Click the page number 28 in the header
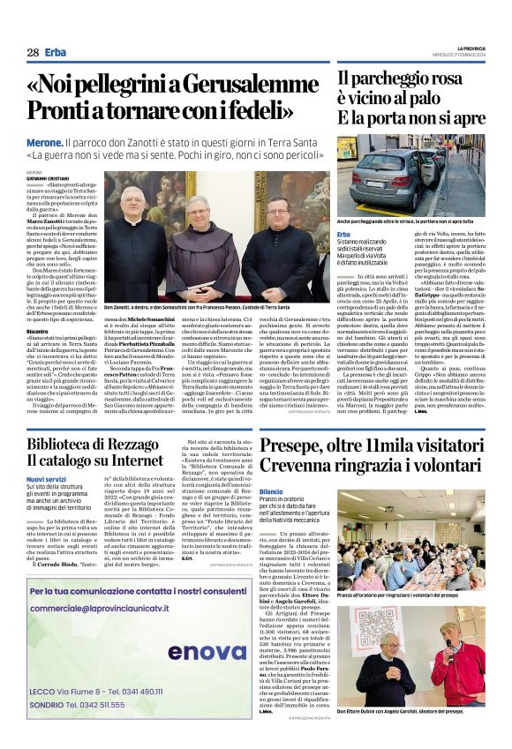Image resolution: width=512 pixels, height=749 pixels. pos(33,52)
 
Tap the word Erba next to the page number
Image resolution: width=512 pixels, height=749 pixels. pos(55,52)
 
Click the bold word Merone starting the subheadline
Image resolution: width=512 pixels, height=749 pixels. pos(44,141)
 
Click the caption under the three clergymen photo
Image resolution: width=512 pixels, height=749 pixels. pos(208,306)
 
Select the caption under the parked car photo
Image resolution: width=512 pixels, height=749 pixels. pos(410,221)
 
